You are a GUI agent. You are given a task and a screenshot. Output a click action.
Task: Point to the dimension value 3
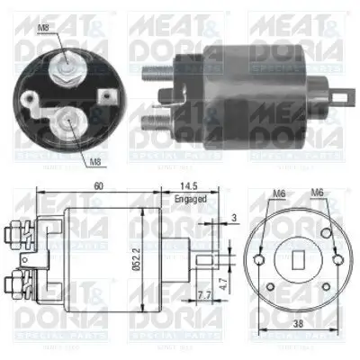235,216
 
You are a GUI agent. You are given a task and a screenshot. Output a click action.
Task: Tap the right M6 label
317,193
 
